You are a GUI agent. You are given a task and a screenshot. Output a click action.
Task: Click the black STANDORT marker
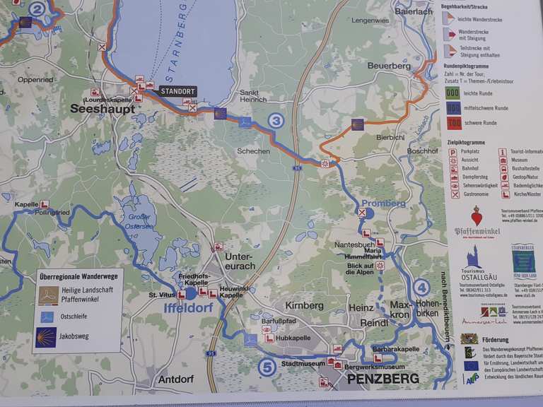tap(177, 91)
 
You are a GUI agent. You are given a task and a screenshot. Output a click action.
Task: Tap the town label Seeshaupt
tap(98, 108)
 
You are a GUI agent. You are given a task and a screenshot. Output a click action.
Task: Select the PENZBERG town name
tap(383, 379)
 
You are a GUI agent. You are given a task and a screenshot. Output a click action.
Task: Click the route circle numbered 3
tap(276, 121)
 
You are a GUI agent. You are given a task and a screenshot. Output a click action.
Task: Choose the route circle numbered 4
tap(421, 287)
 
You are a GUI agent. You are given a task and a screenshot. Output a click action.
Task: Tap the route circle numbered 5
tap(267, 367)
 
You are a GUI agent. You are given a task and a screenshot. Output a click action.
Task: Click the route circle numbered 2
tap(37, 8)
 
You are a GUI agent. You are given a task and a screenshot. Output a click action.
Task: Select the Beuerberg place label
tap(388, 66)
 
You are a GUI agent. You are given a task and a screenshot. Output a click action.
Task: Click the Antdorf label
tap(176, 379)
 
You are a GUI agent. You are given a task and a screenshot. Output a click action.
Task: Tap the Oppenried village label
tap(35, 80)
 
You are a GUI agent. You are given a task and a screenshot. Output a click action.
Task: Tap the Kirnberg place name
tap(304, 305)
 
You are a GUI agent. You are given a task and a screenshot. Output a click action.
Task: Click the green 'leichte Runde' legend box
tap(453, 93)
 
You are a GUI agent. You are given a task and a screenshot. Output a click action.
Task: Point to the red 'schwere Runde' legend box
tap(453, 122)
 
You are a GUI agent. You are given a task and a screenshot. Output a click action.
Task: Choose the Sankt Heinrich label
tap(253, 96)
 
